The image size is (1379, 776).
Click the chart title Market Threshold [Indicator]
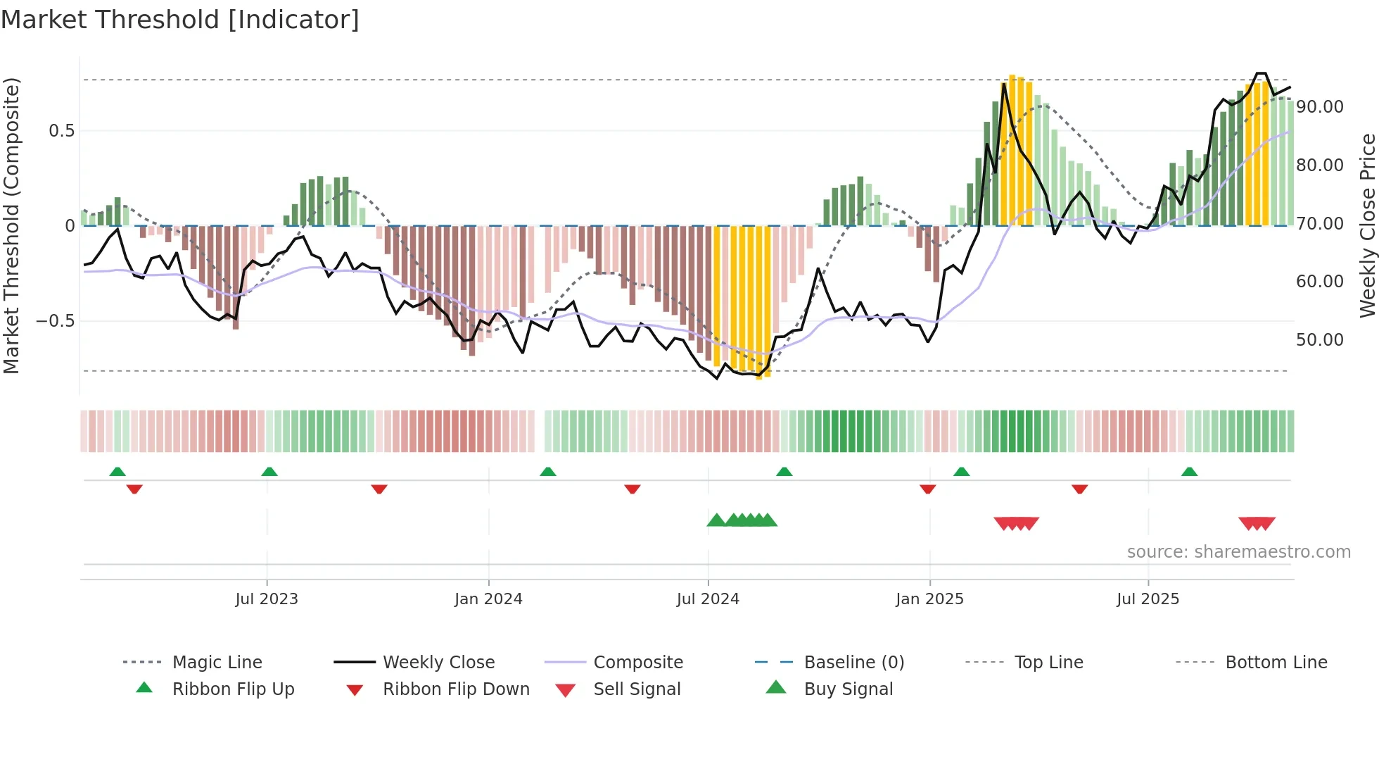(180, 20)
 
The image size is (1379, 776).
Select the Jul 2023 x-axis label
(266, 599)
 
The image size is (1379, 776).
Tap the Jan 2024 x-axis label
(488, 599)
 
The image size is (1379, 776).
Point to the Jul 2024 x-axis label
(708, 599)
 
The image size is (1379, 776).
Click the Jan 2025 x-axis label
(929, 599)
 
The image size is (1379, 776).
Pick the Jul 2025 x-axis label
(1148, 599)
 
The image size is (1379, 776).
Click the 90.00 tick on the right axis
(1319, 107)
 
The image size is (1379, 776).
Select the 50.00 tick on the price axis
(1319, 340)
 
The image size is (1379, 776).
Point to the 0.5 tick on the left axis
(61, 131)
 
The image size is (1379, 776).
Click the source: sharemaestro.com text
(1238, 552)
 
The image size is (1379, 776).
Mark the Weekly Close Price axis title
(1367, 225)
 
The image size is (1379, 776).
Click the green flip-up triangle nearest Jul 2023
(269, 472)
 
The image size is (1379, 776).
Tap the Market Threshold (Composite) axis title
(11, 225)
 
